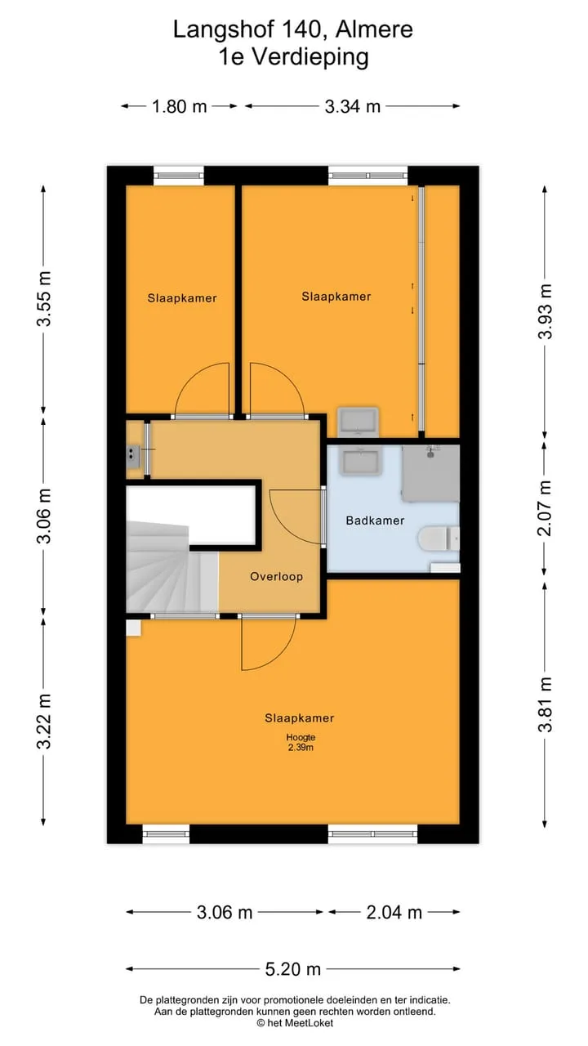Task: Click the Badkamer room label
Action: click(x=375, y=521)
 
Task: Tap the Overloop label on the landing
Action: click(x=276, y=576)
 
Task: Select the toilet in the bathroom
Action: click(x=439, y=539)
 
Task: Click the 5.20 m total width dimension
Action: click(x=293, y=969)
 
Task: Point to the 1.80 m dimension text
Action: click(x=179, y=106)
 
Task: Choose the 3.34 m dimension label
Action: click(x=352, y=106)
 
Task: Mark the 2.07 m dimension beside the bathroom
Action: click(x=545, y=507)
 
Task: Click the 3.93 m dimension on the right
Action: click(x=545, y=311)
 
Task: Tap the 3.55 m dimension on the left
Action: click(x=44, y=298)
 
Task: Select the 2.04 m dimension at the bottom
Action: click(x=394, y=912)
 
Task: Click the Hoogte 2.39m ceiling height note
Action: click(x=301, y=742)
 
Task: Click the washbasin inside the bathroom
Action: click(x=359, y=460)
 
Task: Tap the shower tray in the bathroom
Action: click(x=430, y=472)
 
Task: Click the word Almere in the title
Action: click(x=374, y=29)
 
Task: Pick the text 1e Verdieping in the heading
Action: click(x=293, y=57)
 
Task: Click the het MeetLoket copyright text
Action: click(x=295, y=1022)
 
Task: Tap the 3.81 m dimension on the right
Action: click(x=545, y=704)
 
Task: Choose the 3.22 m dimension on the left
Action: click(x=44, y=721)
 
